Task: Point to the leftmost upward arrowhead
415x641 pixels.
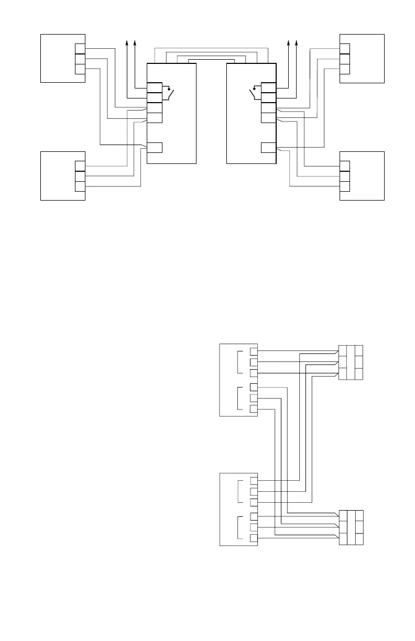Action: (127, 42)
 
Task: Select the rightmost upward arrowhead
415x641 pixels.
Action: (297, 42)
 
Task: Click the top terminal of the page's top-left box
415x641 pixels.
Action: (80, 49)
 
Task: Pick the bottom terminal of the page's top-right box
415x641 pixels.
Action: (345, 69)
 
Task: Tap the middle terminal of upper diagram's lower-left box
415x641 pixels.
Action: (80, 176)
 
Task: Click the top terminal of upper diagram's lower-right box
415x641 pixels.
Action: (345, 166)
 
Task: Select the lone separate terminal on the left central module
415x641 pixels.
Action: (155, 147)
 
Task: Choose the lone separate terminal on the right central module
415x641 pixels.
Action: (268, 147)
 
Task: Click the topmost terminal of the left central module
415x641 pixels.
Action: (155, 87)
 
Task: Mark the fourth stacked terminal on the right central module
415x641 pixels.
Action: (268, 117)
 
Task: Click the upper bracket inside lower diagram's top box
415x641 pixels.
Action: (239, 362)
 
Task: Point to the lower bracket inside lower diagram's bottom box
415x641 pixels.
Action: (239, 528)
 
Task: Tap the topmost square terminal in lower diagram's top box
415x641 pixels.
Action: (254, 351)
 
